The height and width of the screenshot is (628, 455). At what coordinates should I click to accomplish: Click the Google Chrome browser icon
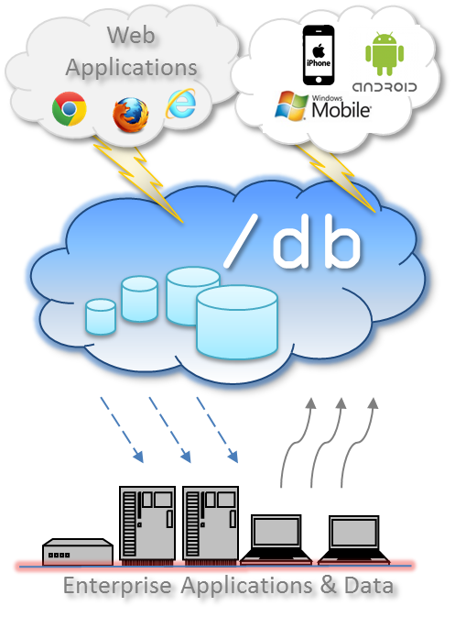pos(70,109)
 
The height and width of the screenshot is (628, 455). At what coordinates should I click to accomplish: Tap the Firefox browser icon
pos(130,115)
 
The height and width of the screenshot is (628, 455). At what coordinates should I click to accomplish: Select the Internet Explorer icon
pos(181,104)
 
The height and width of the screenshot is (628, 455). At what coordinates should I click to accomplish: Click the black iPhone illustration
pos(319,55)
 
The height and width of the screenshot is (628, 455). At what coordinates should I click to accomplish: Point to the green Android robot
pos(385,54)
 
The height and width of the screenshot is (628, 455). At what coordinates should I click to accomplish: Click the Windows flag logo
pos(291,106)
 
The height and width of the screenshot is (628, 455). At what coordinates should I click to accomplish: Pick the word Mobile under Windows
pos(341,110)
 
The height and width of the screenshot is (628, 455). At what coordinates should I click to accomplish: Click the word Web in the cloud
pos(131,35)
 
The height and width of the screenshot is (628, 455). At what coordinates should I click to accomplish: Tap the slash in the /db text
pos(241,241)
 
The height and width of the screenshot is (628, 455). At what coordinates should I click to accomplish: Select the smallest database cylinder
pos(101,316)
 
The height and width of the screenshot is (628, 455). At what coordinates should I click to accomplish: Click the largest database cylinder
pos(237,322)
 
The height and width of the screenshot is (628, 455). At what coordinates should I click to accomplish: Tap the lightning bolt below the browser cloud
pos(138,179)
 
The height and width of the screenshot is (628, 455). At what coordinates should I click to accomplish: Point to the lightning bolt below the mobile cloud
pos(336,179)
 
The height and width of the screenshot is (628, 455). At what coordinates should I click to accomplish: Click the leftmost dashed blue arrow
pos(122,430)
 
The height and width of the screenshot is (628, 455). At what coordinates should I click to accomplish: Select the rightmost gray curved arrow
pos(357,443)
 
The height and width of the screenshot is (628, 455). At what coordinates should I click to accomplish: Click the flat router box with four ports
pos(78,552)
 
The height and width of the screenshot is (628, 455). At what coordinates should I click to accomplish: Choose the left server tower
pos(147,524)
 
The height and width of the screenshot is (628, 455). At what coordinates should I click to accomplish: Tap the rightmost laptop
pos(354,540)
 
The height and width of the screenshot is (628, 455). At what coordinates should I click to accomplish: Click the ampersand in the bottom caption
pos(329,585)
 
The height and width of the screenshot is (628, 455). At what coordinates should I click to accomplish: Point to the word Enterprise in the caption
pos(117,587)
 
